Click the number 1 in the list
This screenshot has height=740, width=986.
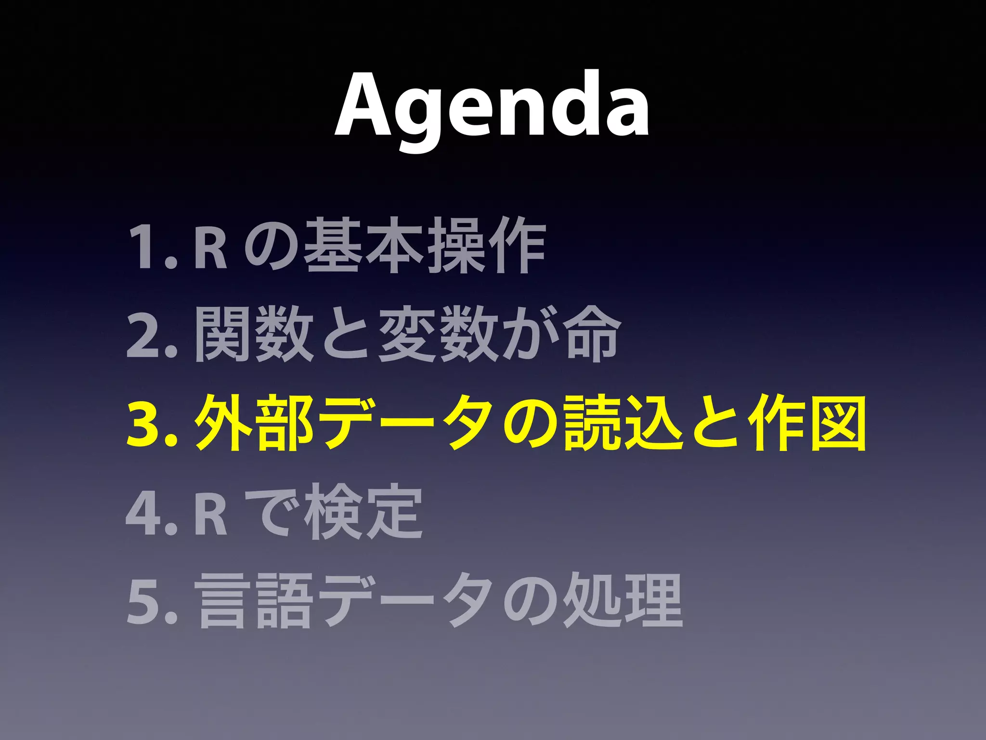144,247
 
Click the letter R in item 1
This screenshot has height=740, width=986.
210,247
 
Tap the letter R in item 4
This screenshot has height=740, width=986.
211,513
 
